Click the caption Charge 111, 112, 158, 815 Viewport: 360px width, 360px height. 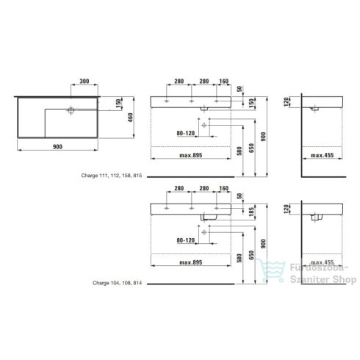click(x=118, y=177)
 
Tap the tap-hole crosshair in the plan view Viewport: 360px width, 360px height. click(x=71, y=110)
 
